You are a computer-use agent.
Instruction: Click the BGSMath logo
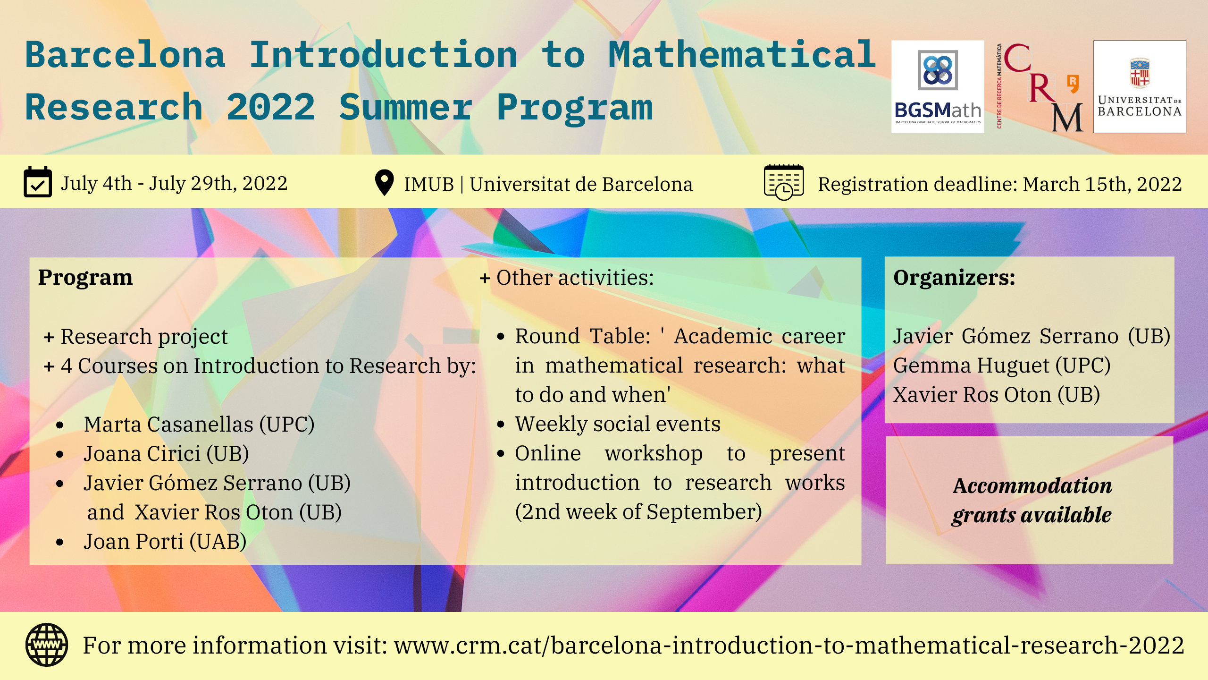[938, 87]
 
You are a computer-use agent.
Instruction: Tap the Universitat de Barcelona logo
[1140, 87]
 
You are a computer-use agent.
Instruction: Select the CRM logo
[1040, 87]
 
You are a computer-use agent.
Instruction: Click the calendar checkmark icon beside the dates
[38, 182]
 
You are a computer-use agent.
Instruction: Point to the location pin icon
[384, 182]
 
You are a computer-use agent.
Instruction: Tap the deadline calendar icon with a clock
[784, 182]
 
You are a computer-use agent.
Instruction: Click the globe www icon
[47, 645]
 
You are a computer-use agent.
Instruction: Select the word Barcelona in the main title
[125, 55]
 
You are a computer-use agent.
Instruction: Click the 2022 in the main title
[271, 107]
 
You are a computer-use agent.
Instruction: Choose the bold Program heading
[85, 277]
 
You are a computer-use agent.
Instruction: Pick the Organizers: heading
[954, 277]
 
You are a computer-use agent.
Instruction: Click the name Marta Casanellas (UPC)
[199, 424]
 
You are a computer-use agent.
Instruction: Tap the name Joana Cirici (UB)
[166, 453]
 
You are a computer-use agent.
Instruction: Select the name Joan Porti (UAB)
[165, 541]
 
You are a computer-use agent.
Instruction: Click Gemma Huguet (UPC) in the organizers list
[1002, 365]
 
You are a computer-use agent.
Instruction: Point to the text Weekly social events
[618, 424]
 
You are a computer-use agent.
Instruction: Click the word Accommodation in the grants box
[1032, 485]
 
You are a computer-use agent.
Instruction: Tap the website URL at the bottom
[789, 645]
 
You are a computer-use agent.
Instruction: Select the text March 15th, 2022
[1102, 184]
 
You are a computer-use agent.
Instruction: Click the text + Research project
[136, 337]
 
